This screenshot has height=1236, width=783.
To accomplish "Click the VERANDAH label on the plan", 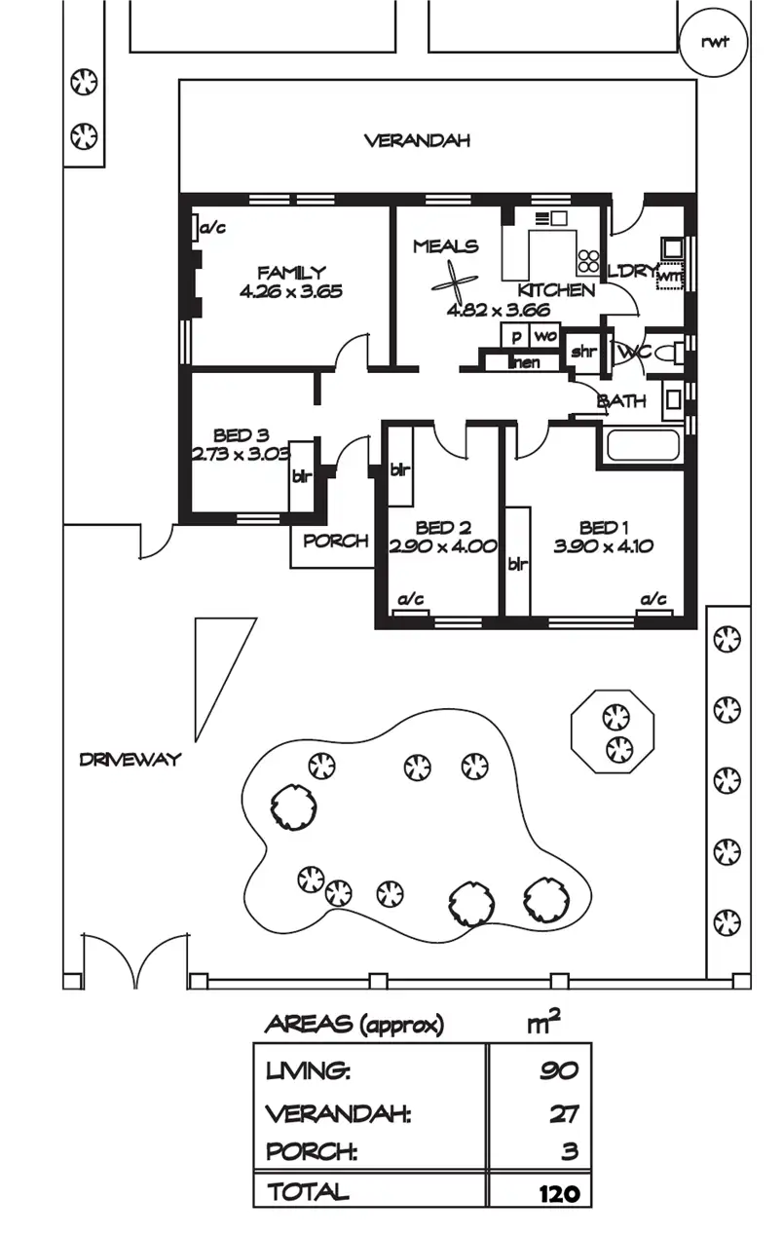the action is point(417,140).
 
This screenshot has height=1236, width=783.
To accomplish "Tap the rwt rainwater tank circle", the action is point(715,42).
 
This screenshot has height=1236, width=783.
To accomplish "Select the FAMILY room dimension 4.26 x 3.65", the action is point(290,290).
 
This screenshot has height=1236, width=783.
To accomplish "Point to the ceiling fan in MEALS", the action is point(455,283).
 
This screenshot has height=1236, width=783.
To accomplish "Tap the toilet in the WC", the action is point(665,353).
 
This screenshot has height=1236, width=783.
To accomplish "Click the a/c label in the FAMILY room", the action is point(212,228).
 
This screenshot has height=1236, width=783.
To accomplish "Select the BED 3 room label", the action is point(241,435).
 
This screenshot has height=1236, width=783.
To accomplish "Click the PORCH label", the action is point(335,541).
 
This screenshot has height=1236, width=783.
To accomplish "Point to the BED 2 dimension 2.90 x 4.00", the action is point(442,546).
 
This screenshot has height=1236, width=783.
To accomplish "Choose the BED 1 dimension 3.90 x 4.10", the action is point(603,546).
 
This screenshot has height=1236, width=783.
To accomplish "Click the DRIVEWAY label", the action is point(130,760).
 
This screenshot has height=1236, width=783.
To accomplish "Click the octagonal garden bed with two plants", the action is point(613,732).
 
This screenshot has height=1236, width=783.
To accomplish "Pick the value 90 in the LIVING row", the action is point(559,1071).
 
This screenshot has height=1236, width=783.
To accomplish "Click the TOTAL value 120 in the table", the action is point(558,1193).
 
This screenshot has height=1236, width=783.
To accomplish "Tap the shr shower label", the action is point(582,353).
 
